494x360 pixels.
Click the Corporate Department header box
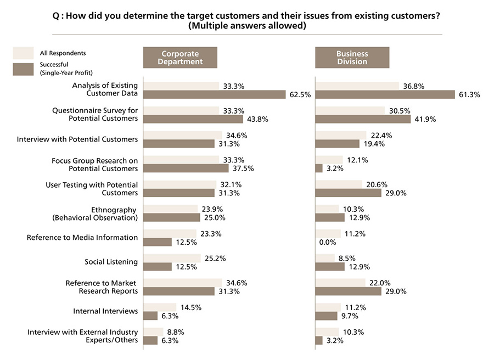point(180,58)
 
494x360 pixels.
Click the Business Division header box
point(352,58)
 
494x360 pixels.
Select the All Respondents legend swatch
point(24,53)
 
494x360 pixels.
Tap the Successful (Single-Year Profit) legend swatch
point(24,69)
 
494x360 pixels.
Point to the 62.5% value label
point(300,94)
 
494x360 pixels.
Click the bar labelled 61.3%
point(385,94)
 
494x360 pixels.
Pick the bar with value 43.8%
point(193,119)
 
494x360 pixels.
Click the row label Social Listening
point(111,262)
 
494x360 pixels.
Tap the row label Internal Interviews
point(105,311)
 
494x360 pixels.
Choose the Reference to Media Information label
point(82,238)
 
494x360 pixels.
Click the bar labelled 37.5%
point(186,168)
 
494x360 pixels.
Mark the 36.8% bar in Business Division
point(357,86)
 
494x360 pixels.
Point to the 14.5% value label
point(192,307)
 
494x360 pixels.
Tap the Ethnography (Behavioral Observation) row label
point(95,213)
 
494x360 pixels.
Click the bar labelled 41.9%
point(363,119)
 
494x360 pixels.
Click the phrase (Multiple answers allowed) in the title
point(246,25)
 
